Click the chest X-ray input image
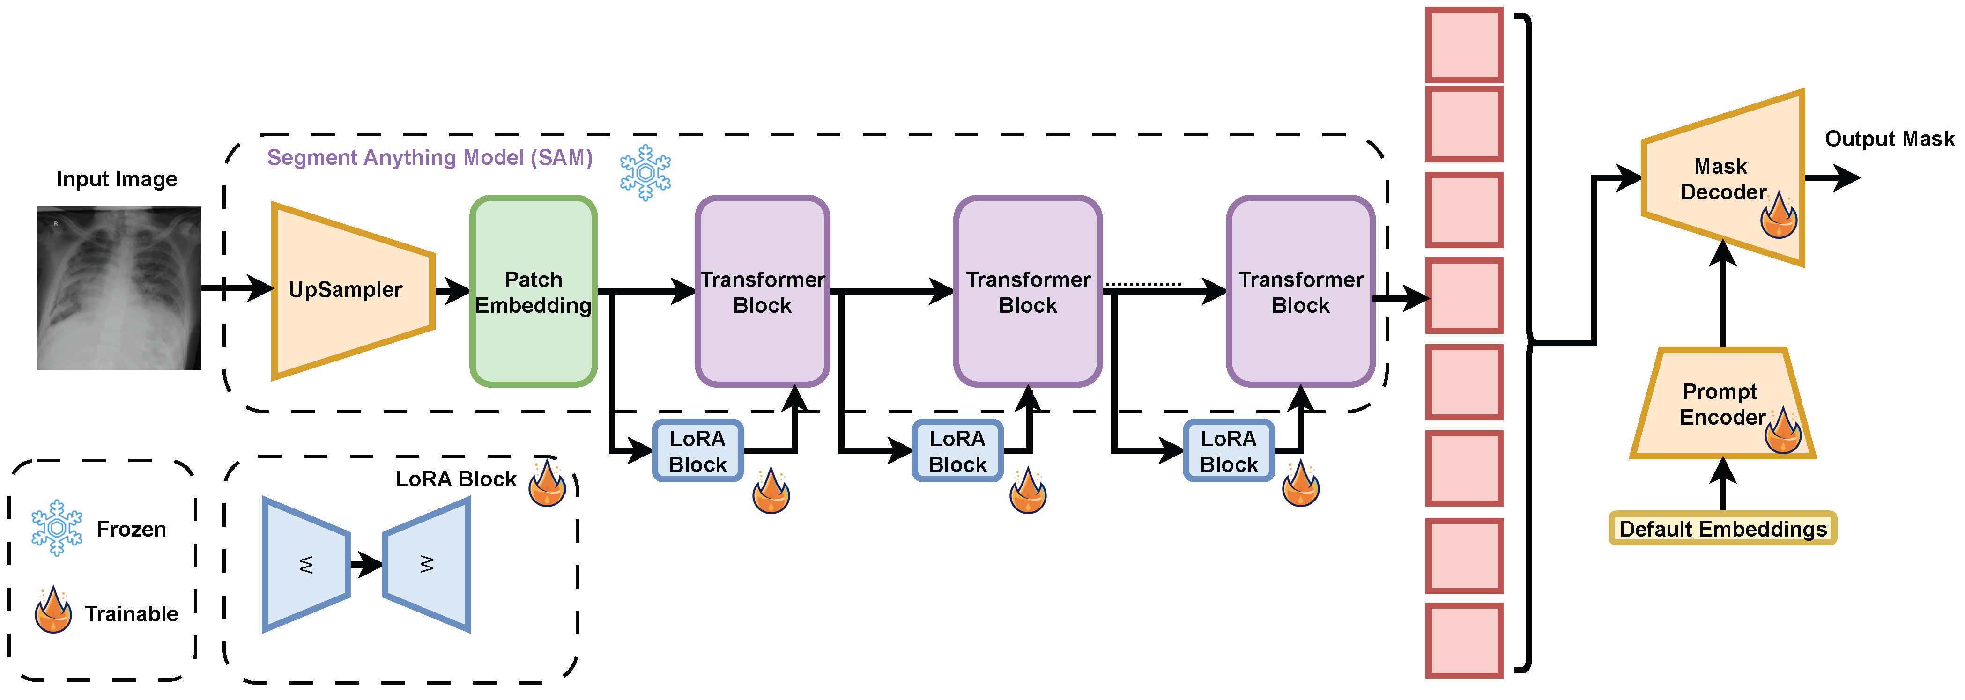(x=119, y=288)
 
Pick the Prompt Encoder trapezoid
(x=1722, y=403)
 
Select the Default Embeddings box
(x=1722, y=529)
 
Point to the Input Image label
(x=117, y=179)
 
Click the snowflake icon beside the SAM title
(x=645, y=172)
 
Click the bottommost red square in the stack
(x=1464, y=641)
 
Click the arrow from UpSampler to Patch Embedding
(x=453, y=290)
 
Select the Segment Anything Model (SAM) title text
(x=430, y=158)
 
